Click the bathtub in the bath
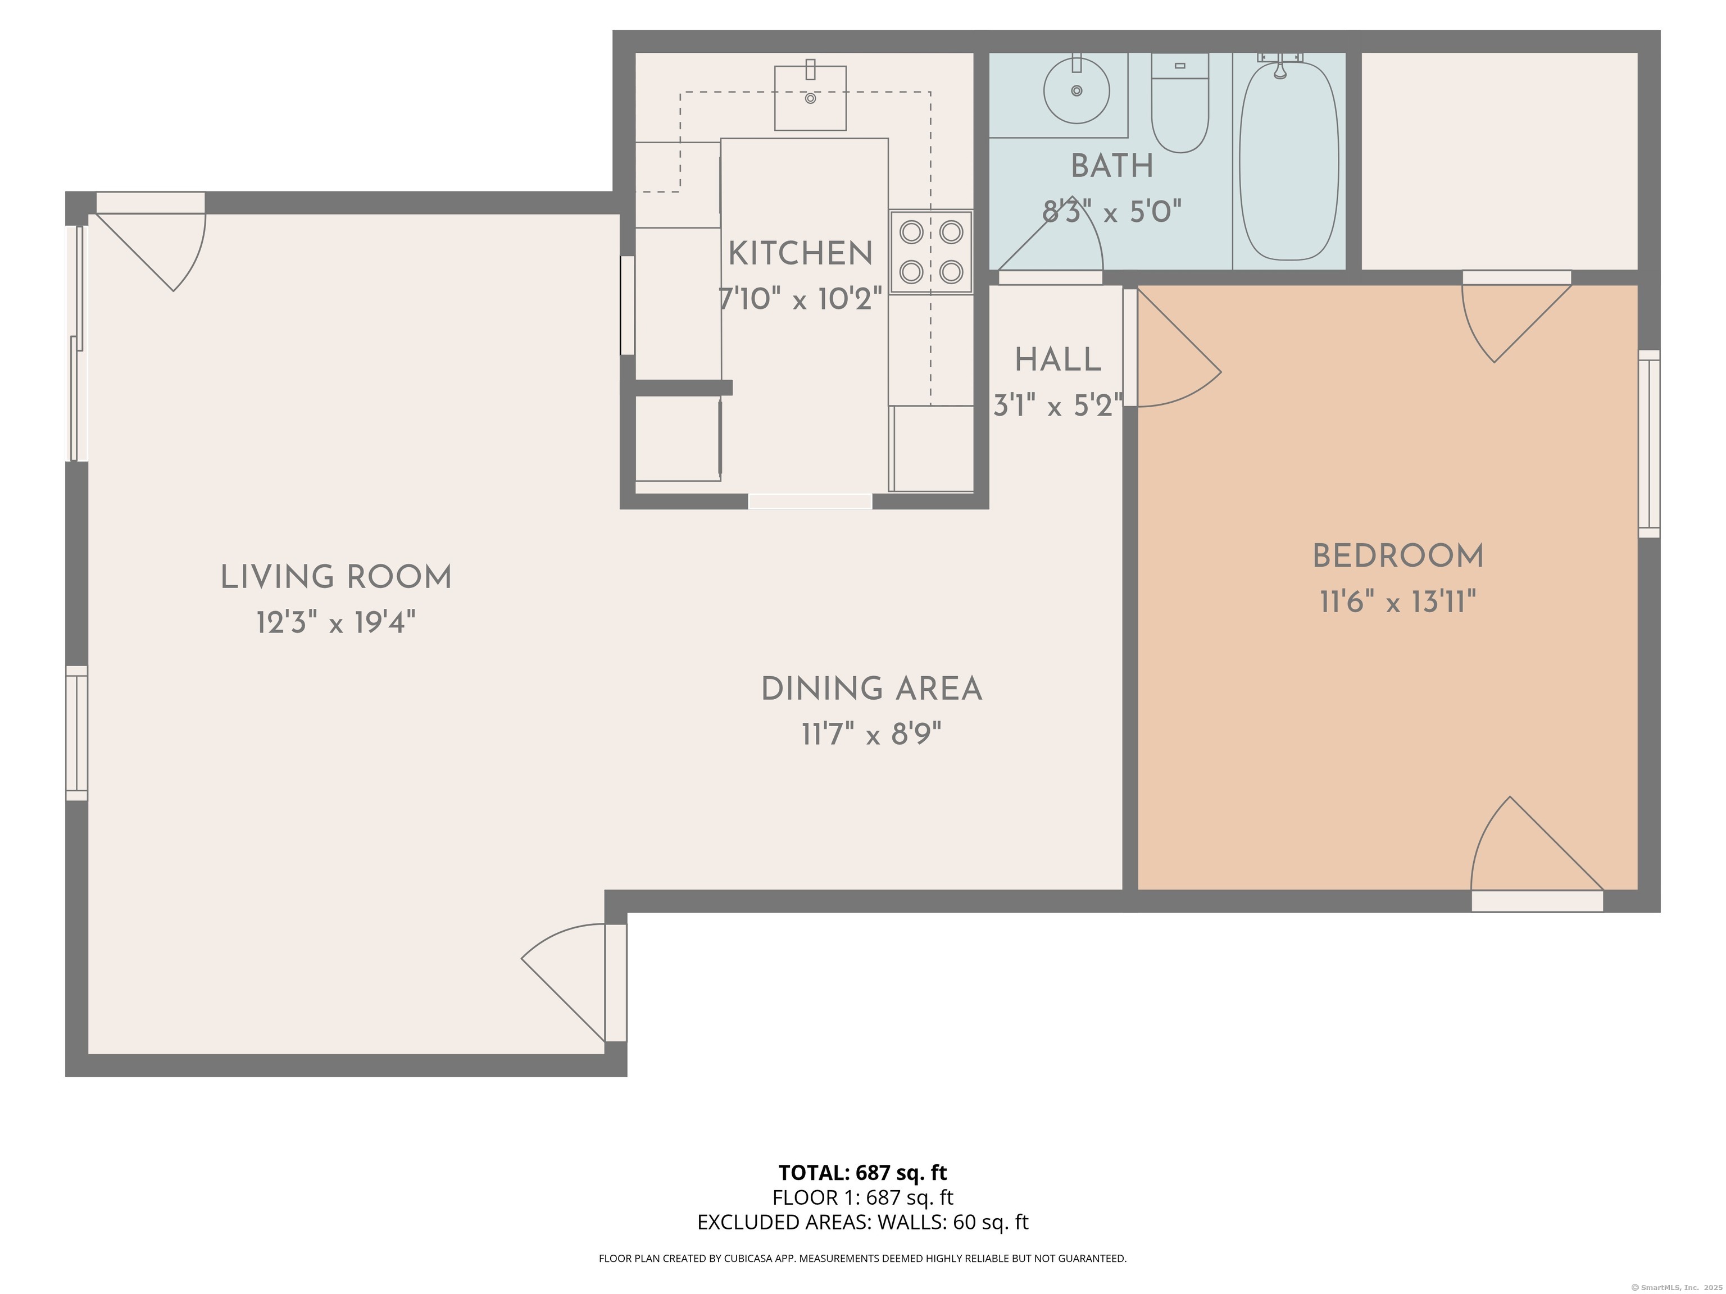coord(1289,161)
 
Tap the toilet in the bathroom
coord(1180,102)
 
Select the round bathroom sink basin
coord(1077,90)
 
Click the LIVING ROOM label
coord(337,578)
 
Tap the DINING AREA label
coord(871,690)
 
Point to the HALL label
coord(1057,361)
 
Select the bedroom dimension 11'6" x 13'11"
coord(1397,602)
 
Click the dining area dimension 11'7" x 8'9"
coord(871,735)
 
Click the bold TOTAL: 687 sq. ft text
coord(862,1172)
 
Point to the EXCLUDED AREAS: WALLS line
coord(862,1222)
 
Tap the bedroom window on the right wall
coord(1649,444)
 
